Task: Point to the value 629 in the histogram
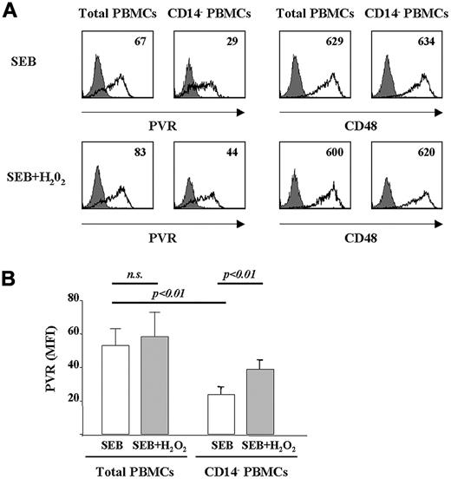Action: pos(339,41)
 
